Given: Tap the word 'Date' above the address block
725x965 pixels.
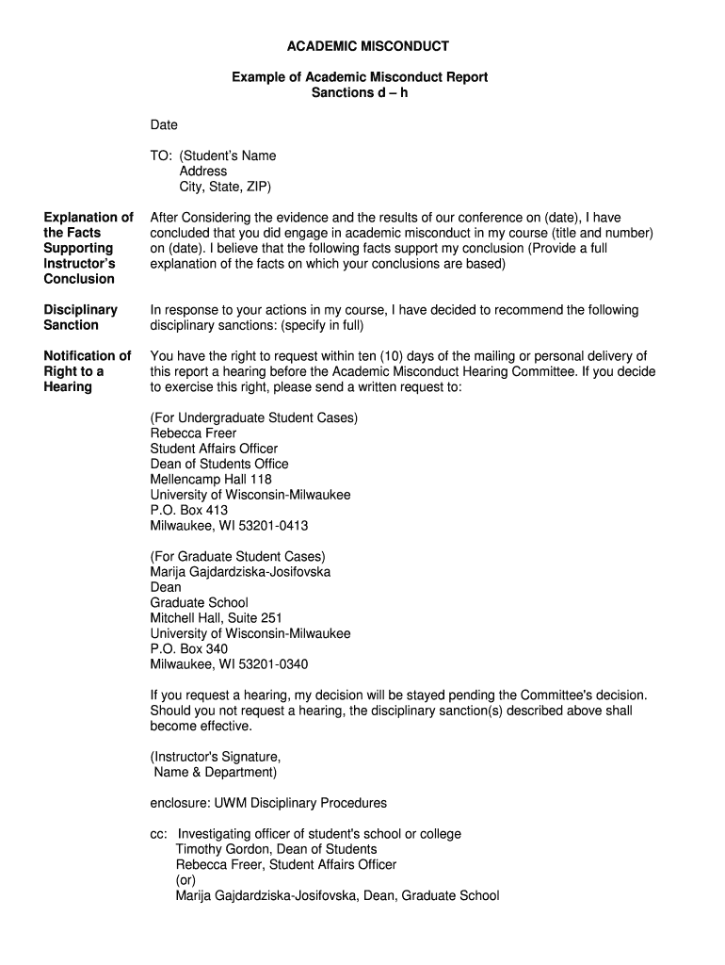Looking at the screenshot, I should (164, 124).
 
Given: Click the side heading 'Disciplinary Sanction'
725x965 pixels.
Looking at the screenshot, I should (81, 318).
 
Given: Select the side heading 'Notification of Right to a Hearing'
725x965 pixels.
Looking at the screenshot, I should (87, 371).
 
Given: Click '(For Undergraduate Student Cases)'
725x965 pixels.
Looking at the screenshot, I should (254, 417).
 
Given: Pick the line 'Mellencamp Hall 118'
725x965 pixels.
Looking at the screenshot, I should (211, 480).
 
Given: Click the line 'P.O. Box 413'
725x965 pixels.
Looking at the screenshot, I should (189, 511).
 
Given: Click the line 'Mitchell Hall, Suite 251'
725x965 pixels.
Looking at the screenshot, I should (216, 618).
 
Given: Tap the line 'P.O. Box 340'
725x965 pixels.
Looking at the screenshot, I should (189, 649).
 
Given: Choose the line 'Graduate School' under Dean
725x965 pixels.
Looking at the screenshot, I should (200, 602).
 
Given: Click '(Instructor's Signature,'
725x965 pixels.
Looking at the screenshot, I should (216, 757).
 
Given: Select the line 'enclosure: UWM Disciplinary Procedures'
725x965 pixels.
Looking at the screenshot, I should (268, 803).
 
